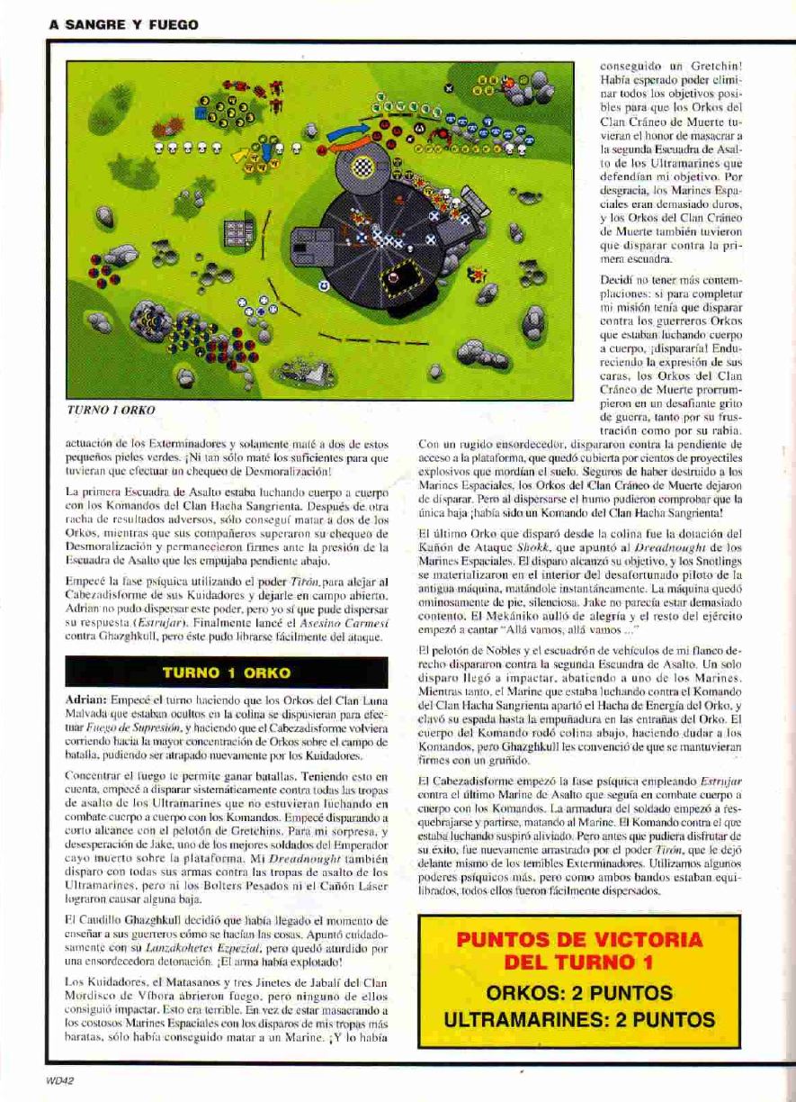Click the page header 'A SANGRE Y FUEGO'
124,25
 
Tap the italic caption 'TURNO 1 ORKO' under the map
111,410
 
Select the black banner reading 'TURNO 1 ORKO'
227,673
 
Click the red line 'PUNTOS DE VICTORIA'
579,940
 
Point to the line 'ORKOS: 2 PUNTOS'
579,992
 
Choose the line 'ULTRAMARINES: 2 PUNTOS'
579,1020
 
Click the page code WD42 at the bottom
60,1083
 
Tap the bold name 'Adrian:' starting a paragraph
86,700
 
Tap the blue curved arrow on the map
349,133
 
